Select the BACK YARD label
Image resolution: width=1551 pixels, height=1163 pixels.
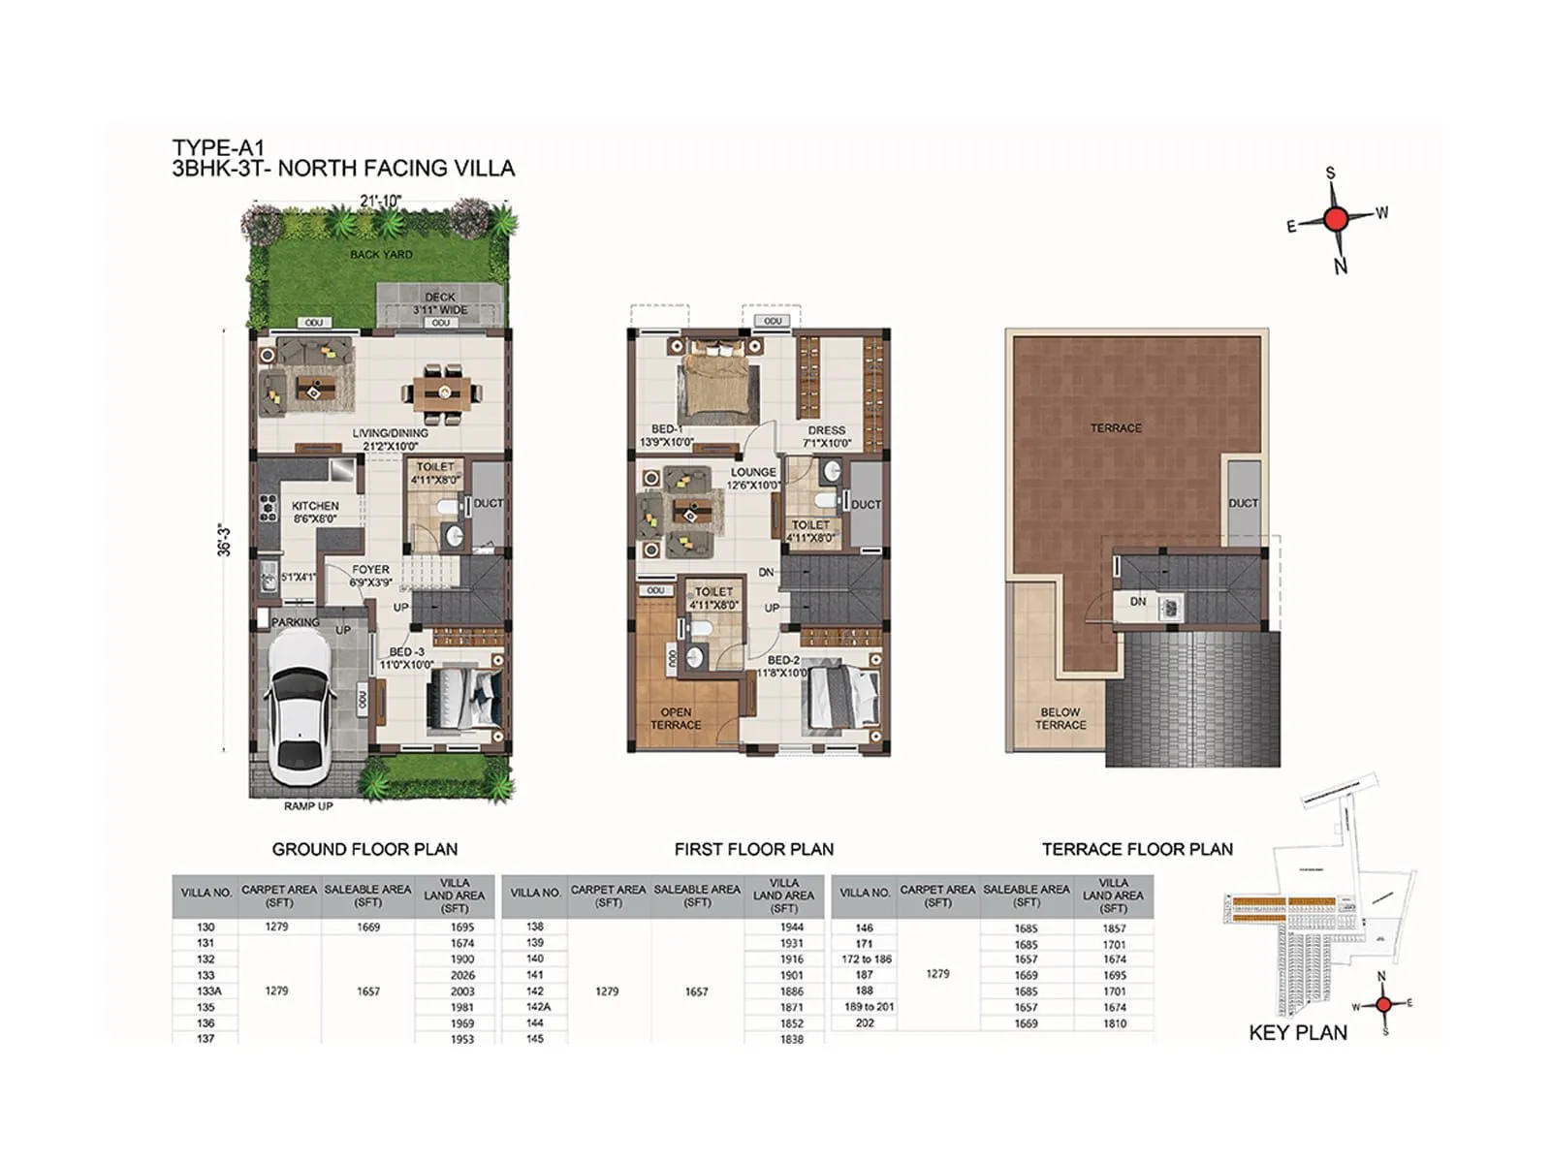[381, 254]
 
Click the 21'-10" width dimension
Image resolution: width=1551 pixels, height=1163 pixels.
[380, 201]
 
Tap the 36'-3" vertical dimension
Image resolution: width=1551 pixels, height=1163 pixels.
[225, 540]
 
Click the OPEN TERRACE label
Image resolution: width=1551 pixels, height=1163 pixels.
[676, 718]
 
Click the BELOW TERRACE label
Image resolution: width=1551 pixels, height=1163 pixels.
[1060, 718]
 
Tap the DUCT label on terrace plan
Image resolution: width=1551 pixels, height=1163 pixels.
[1243, 503]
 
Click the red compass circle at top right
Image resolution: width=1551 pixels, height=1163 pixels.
[1335, 219]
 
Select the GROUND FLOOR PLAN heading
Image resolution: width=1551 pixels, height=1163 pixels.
[364, 849]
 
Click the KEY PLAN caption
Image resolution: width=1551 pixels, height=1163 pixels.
[1298, 1033]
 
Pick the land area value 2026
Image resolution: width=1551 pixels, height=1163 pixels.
[462, 975]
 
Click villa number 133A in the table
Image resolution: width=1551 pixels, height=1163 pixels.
[206, 991]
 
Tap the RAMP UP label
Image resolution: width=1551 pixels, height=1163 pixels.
[308, 806]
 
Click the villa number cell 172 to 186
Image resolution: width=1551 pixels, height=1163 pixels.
[866, 959]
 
